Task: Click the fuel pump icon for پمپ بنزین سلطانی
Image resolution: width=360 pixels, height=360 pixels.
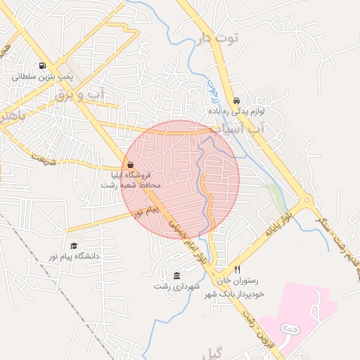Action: tap(44, 64)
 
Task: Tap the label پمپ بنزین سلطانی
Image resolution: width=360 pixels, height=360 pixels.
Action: tap(44, 76)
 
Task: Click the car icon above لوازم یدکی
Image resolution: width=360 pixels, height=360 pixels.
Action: tap(236, 101)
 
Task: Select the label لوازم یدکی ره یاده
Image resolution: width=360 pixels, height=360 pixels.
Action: tap(236, 112)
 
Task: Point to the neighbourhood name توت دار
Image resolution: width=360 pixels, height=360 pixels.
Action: tap(219, 37)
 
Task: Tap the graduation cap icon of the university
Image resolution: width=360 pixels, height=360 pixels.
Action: tap(74, 245)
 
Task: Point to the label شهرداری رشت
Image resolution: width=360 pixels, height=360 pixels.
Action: tap(177, 286)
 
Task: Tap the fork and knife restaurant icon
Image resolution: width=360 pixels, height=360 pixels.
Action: tap(238, 270)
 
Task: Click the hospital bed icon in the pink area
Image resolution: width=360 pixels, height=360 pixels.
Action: tap(288, 329)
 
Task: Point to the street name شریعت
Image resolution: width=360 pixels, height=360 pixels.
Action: tap(43, 160)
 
